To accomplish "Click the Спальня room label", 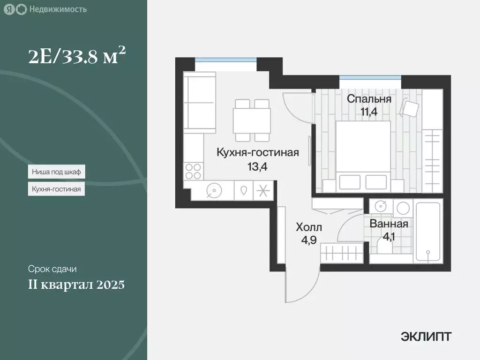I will [x=368, y=99].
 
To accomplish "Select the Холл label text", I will [x=309, y=228].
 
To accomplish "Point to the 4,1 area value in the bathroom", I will [x=389, y=237].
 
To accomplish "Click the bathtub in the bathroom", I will [x=427, y=232].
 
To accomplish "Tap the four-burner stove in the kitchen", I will [x=193, y=171].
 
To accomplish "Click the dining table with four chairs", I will [x=252, y=120].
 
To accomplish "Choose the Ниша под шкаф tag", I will [x=56, y=172].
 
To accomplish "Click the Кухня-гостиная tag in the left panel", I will [x=56, y=189].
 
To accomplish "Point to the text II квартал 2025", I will [x=76, y=285].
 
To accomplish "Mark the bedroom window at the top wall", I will [x=370, y=78].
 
